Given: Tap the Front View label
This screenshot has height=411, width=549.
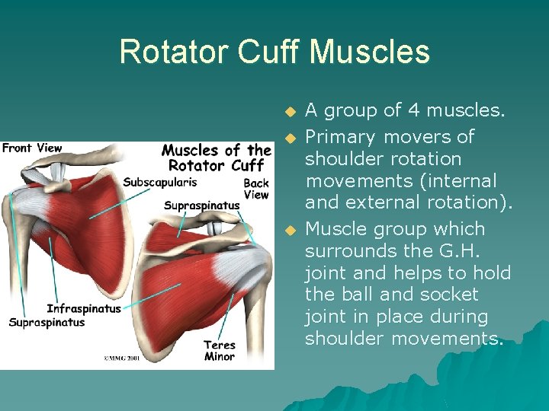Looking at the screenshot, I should coord(32,148).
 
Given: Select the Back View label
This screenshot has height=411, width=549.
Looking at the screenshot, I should coord(256,189).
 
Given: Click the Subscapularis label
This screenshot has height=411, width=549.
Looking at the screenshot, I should coord(159,183).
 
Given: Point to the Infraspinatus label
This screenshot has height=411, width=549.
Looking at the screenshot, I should coord(84,309).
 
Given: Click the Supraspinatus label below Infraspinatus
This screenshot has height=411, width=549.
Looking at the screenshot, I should coord(47,323).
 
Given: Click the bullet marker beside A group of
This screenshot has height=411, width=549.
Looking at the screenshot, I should coord(289,112).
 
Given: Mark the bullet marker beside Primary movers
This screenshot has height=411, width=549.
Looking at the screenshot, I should coord(289,138).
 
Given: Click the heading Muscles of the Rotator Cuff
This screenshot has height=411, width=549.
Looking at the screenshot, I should coord(216,158).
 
